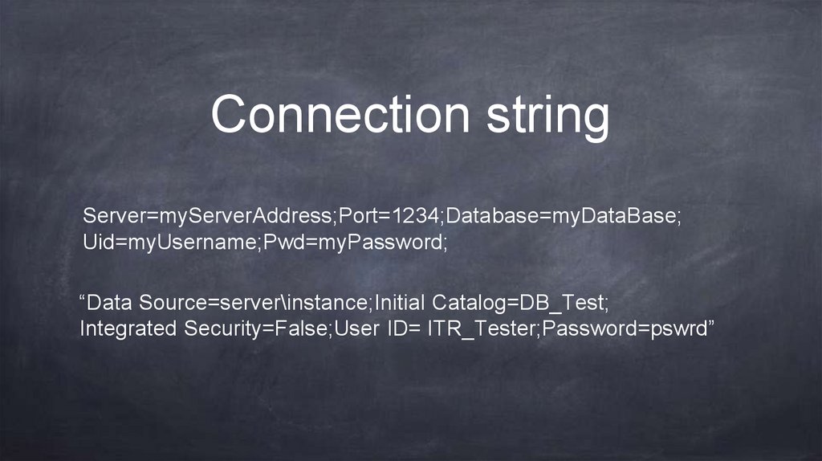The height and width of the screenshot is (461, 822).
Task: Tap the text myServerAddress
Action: [244, 217]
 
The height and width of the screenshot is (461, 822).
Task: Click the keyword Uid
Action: [98, 242]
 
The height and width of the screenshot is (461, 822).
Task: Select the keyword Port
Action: [356, 217]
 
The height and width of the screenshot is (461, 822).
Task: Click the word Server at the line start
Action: [111, 217]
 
